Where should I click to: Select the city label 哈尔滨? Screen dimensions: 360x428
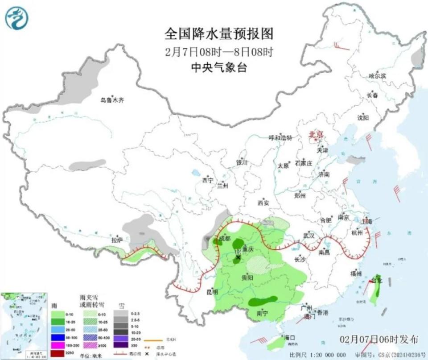tap(377, 76)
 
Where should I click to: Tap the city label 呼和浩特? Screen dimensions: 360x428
tap(280, 138)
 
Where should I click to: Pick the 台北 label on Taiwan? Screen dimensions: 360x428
tap(377, 281)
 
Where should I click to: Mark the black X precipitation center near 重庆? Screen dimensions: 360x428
tap(238, 257)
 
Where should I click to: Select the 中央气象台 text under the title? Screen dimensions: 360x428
tap(218, 68)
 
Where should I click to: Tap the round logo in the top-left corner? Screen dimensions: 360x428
tap(17, 18)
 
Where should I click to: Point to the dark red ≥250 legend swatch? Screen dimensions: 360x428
tap(57, 353)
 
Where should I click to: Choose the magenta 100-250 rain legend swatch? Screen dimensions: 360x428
tap(57, 344)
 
